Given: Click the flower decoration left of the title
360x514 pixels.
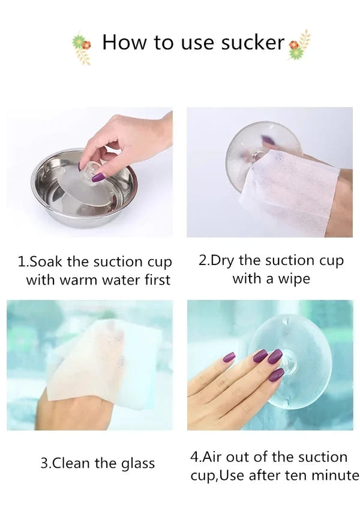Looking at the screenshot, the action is (x=81, y=48).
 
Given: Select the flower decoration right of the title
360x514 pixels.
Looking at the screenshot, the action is (x=299, y=45).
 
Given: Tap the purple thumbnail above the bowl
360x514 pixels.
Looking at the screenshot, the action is (x=98, y=178).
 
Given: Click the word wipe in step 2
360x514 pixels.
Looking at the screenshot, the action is (x=294, y=279).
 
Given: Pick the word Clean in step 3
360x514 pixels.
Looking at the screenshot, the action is (x=71, y=463).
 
